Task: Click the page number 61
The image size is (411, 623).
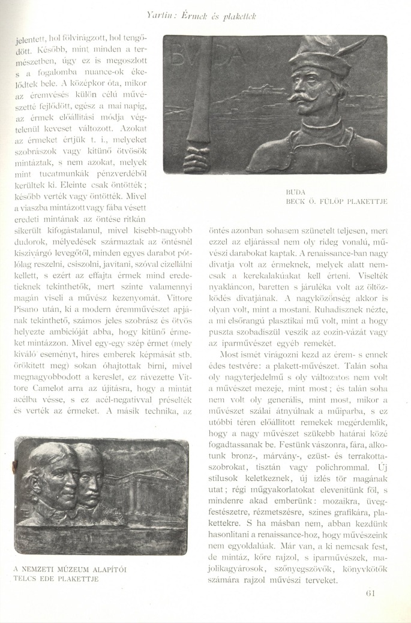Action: pos(370,594)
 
